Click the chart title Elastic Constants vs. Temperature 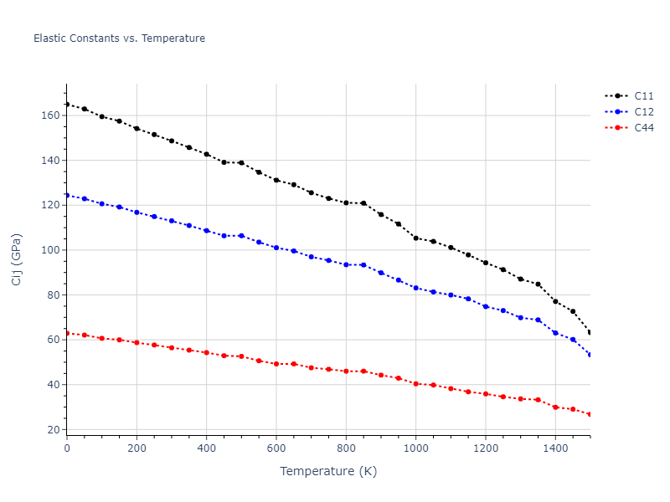coord(119,38)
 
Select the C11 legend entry coord(644,95)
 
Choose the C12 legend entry coord(644,111)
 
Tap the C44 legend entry coord(644,127)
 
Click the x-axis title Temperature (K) coord(328,472)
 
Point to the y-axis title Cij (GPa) coord(17,259)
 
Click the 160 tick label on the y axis coord(49,115)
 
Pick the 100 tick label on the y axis coord(49,250)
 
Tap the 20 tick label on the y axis coord(53,429)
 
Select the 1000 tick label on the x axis coord(415,448)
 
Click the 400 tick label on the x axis coord(207,448)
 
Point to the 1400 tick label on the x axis coord(555,448)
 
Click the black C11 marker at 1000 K coord(415,238)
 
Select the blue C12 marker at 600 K coord(276,248)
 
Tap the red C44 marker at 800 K coord(346,371)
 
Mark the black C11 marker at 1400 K coord(555,301)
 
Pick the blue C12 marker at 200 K coord(137,213)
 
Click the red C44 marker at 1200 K coord(486,393)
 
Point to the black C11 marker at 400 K coord(207,154)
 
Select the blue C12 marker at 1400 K coord(555,333)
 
